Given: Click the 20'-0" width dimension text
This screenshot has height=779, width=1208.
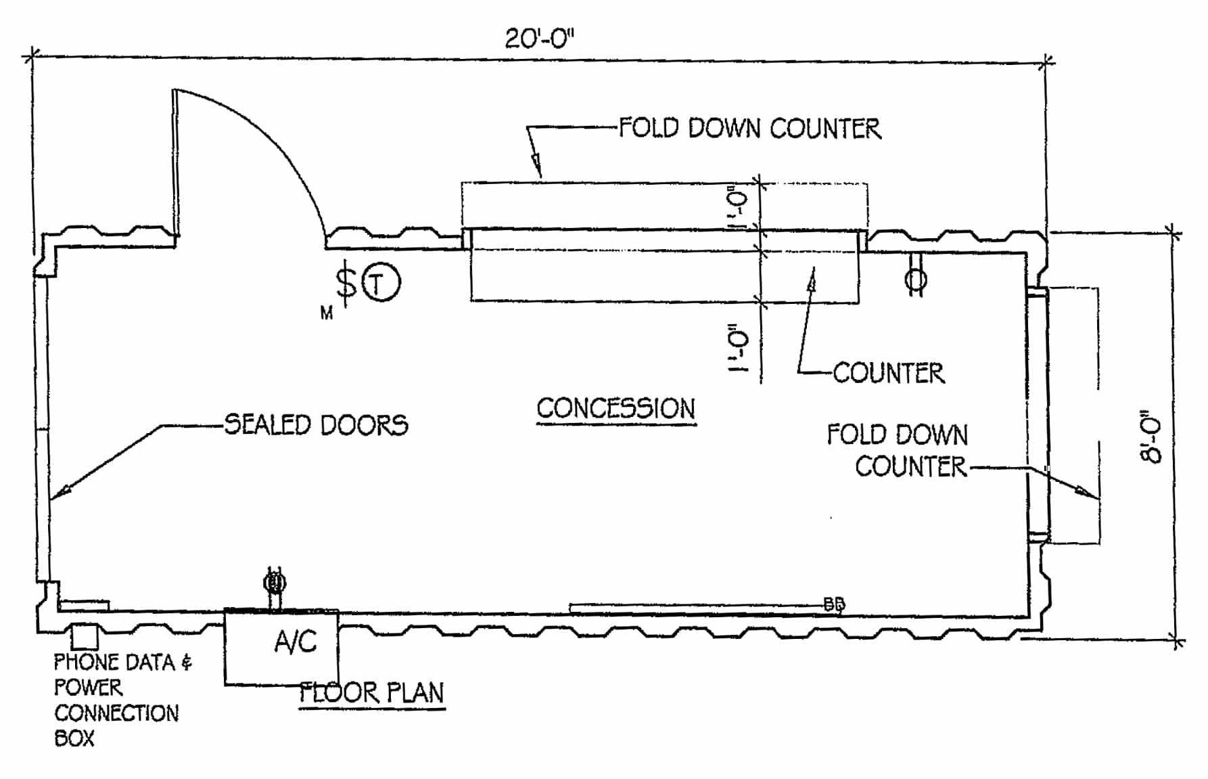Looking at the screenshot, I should pyautogui.click(x=539, y=39).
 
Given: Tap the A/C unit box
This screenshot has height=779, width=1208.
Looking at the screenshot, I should pyautogui.click(x=281, y=646).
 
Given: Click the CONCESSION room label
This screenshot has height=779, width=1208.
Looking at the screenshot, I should pyautogui.click(x=616, y=409).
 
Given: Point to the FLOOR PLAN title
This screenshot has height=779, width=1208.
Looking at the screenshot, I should pyautogui.click(x=372, y=693).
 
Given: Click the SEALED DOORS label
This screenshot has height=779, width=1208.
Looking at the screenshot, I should pyautogui.click(x=316, y=425).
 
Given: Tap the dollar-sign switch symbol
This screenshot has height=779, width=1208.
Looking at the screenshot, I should pyautogui.click(x=347, y=282).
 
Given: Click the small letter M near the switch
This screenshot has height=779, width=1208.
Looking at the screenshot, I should pyautogui.click(x=327, y=313).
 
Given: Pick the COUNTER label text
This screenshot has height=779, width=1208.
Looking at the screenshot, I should pyautogui.click(x=888, y=373).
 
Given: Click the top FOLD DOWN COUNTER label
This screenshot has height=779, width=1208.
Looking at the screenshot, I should pyautogui.click(x=750, y=129).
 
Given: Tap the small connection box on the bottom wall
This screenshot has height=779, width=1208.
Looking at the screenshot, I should pyautogui.click(x=85, y=637).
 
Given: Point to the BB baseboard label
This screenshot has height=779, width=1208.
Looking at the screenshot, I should pyautogui.click(x=835, y=604).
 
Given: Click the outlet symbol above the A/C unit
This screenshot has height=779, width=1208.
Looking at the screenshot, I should pyautogui.click(x=275, y=582).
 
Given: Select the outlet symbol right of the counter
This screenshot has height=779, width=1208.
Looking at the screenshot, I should pyautogui.click(x=916, y=278).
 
